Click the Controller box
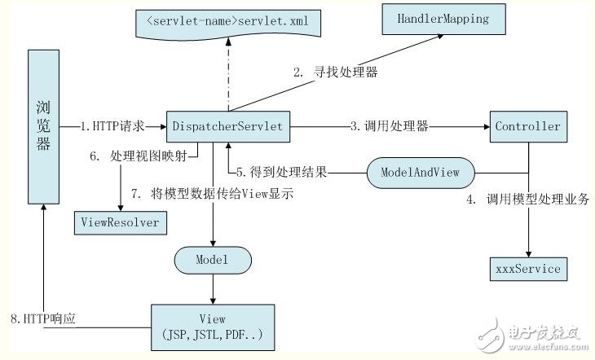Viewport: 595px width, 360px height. click(x=527, y=126)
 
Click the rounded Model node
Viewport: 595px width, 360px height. click(x=213, y=261)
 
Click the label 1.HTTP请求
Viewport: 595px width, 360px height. click(x=113, y=127)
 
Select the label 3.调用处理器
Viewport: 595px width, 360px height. click(x=390, y=127)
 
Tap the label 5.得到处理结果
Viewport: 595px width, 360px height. click(x=282, y=172)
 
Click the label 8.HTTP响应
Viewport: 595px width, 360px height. click(x=69, y=317)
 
